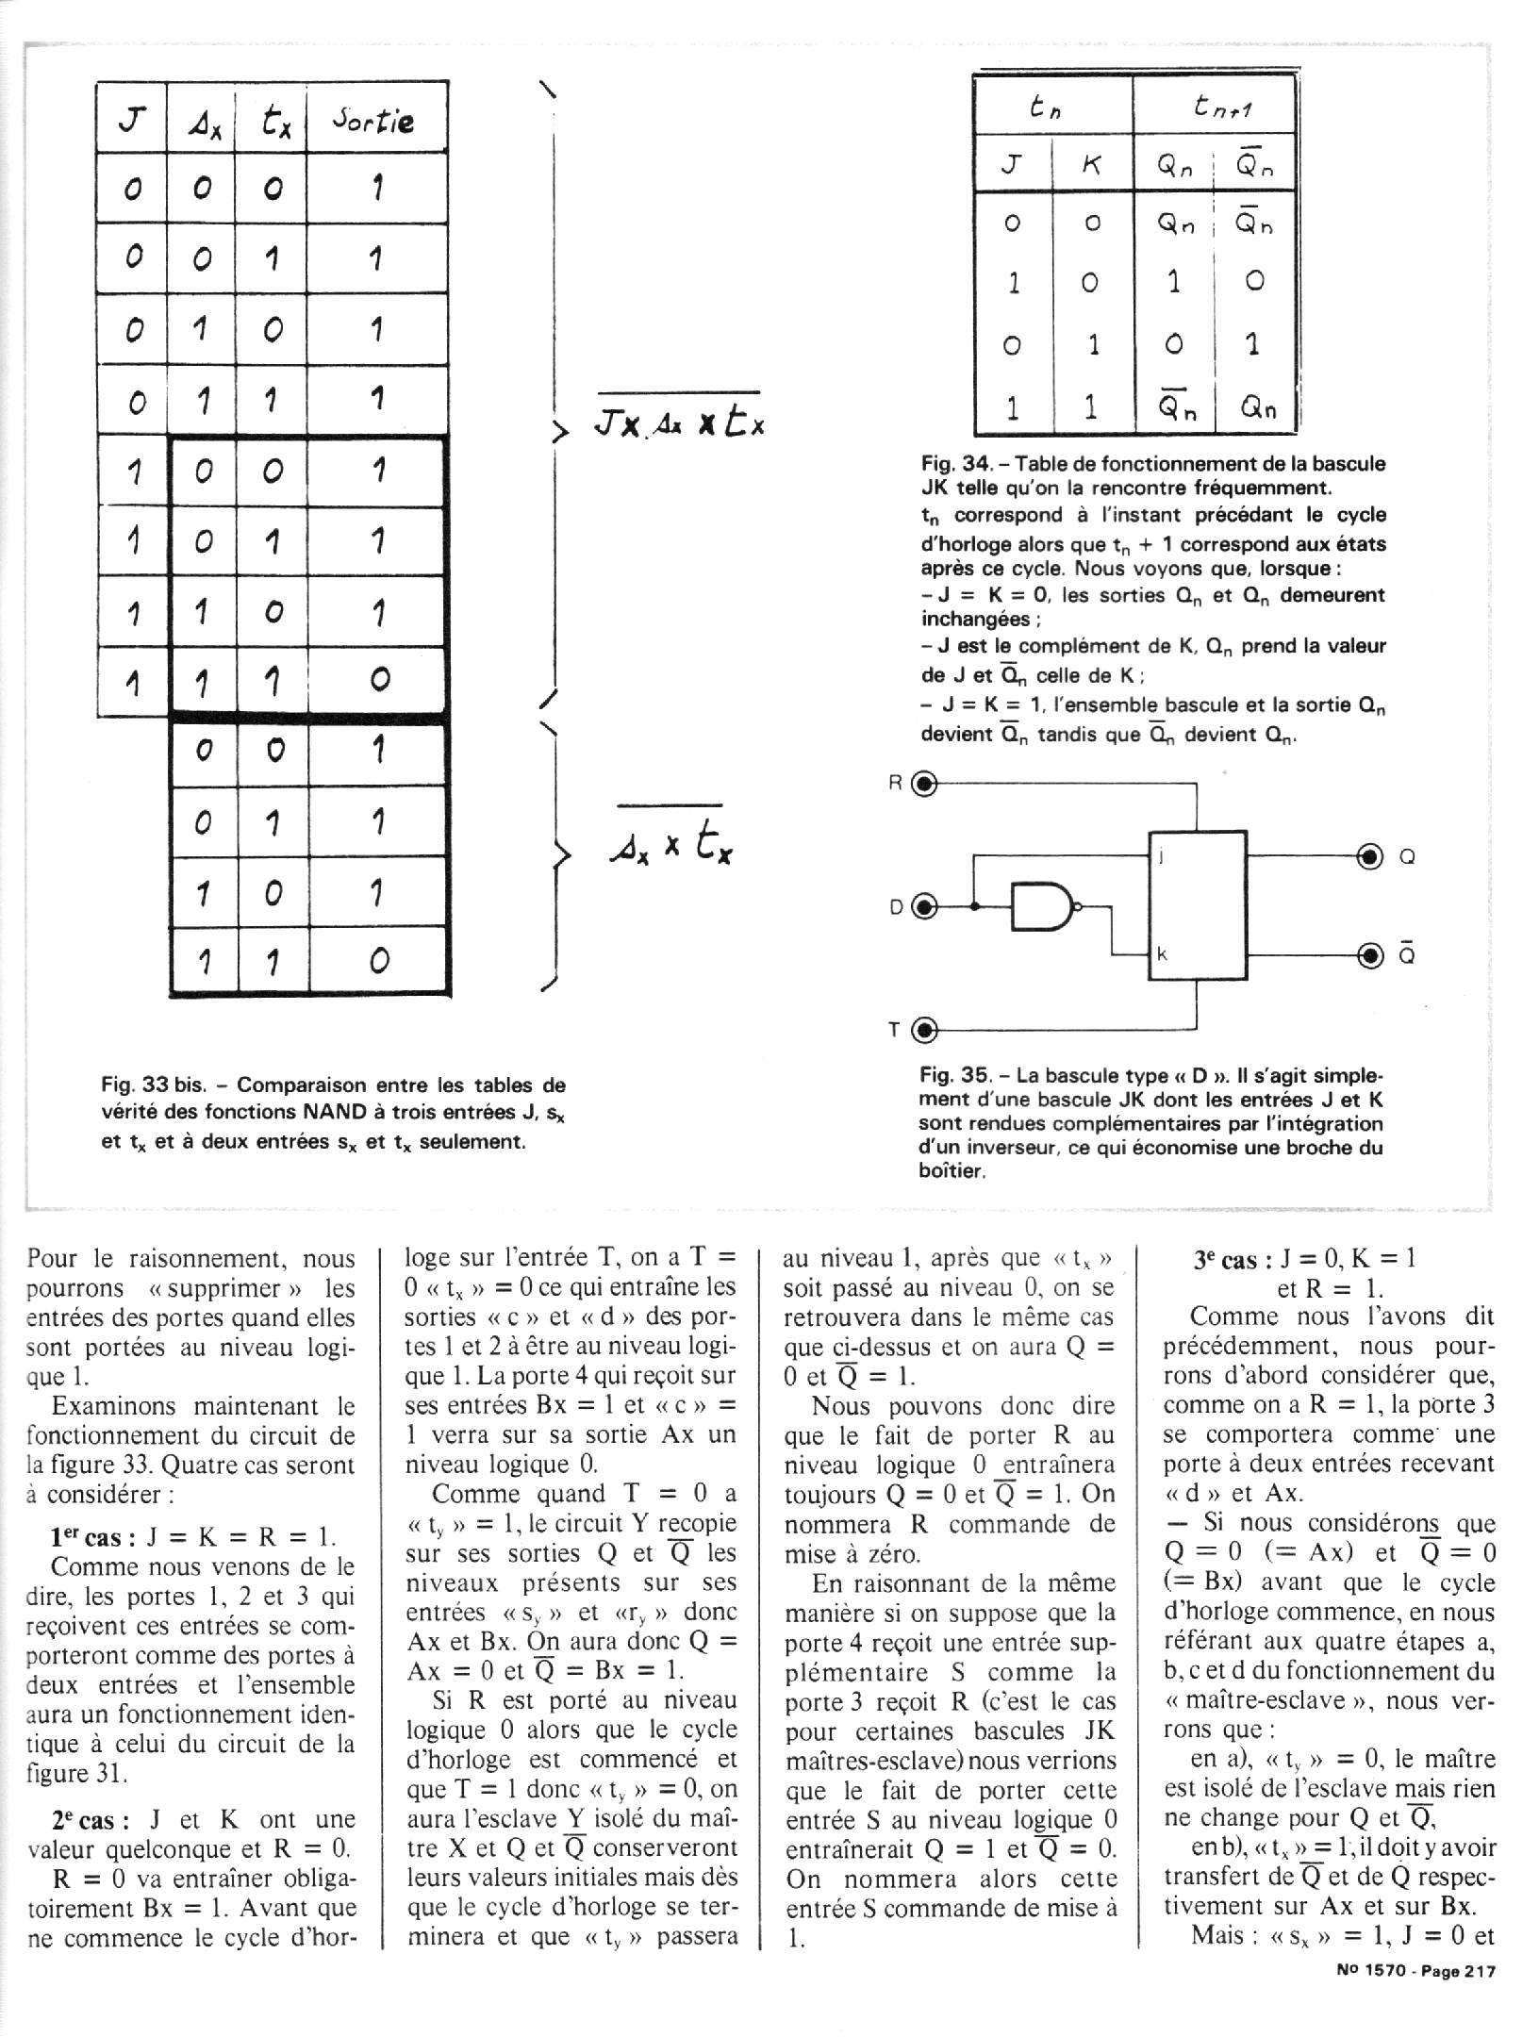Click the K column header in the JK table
[1091, 166]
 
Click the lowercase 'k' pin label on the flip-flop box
[1162, 954]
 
